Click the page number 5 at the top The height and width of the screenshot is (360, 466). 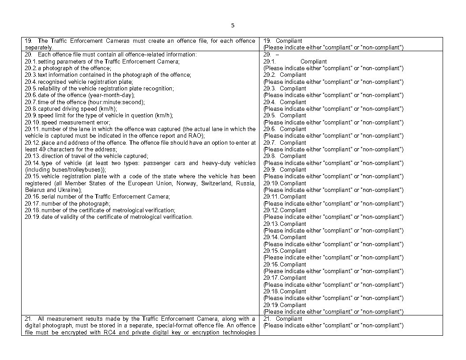point(233,26)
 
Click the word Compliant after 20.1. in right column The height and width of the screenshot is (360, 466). point(313,61)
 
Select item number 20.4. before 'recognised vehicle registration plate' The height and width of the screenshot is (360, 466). point(30,82)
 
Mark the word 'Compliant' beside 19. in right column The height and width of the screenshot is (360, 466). point(289,41)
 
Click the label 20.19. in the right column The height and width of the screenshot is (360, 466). point(271,305)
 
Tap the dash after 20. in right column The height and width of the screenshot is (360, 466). point(278,55)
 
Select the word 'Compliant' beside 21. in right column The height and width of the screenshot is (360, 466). point(289,319)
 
